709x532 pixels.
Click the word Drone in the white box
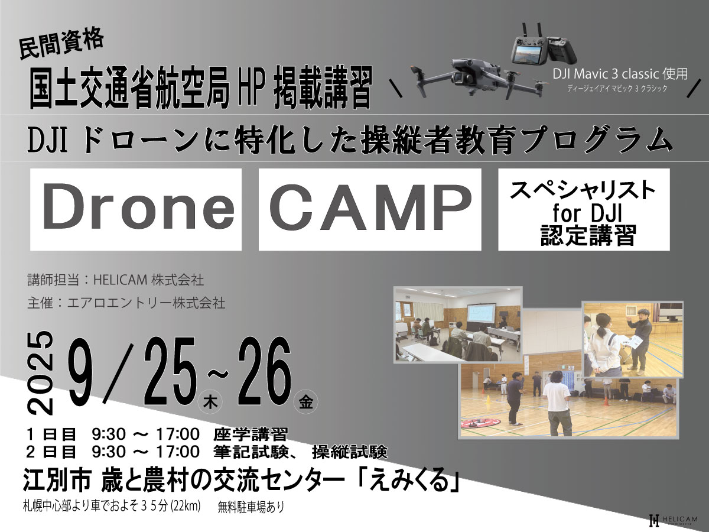pos(139,206)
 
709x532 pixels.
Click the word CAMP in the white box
pos(370,207)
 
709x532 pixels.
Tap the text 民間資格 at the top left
pos(61,44)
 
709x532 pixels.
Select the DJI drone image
pos(479,78)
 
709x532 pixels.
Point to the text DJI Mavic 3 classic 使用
pos(620,74)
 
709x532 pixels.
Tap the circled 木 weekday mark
pos(210,403)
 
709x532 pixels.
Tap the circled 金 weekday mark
pos(305,403)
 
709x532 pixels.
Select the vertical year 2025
pos(41,372)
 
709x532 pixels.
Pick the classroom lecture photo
pos(458,324)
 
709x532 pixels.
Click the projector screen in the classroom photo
pos(481,313)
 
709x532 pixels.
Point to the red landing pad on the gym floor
pos(480,423)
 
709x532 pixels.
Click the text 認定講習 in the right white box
pos(584,235)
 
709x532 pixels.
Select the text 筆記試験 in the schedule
pos(251,452)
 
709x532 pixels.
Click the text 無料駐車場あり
pos(251,507)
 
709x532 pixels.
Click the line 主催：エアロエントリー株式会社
pos(126,303)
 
